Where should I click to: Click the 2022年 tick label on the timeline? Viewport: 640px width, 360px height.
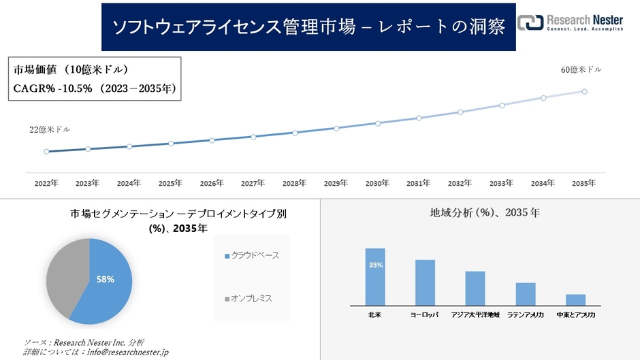click(x=46, y=183)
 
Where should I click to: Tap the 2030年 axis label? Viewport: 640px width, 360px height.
click(x=377, y=183)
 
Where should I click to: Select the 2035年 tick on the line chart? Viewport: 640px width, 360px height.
click(x=583, y=183)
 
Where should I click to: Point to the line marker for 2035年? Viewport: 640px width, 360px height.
click(x=584, y=91)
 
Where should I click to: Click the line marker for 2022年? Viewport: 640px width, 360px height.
click(x=46, y=152)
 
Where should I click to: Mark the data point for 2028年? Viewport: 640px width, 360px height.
click(x=295, y=133)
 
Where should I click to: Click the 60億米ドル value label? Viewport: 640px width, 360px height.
click(x=581, y=69)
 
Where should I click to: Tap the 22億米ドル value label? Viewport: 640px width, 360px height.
click(x=49, y=129)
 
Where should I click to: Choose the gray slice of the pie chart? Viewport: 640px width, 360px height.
click(x=65, y=272)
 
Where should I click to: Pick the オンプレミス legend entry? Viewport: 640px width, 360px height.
click(x=251, y=298)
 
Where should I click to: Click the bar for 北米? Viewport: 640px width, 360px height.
click(x=375, y=277)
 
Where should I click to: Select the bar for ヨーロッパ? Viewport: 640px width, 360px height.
click(x=425, y=282)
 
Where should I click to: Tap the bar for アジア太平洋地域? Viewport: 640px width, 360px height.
click(x=475, y=288)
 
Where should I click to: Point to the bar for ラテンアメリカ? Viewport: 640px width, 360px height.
click(x=526, y=294)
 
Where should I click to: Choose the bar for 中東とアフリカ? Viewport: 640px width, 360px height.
click(x=575, y=299)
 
